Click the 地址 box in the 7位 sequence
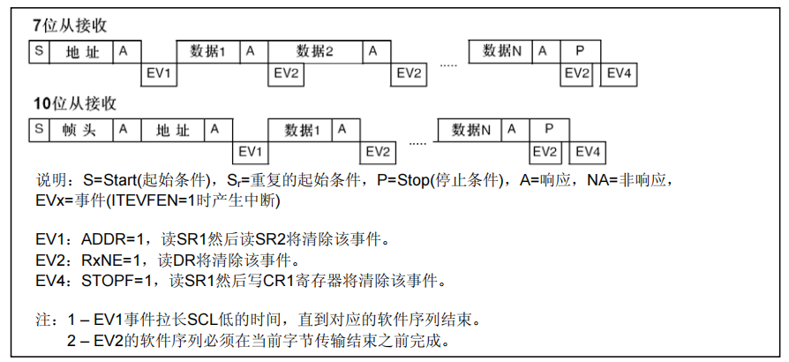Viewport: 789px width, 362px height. click(x=82, y=51)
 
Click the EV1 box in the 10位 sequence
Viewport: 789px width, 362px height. click(x=252, y=151)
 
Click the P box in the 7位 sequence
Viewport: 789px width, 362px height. click(x=579, y=51)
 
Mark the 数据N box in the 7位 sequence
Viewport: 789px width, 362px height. click(x=502, y=51)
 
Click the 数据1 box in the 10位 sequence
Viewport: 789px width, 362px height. click(x=302, y=130)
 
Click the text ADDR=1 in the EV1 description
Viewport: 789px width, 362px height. click(x=110, y=239)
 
